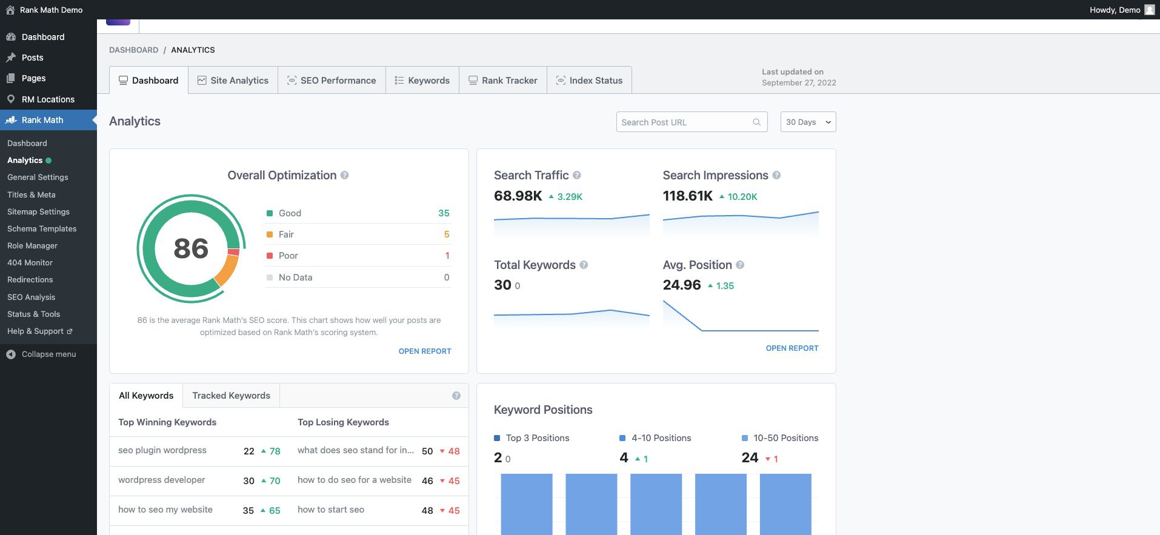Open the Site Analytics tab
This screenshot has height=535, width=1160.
tap(233, 81)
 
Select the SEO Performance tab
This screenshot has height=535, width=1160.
tap(332, 81)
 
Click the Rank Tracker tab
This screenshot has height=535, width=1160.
tap(503, 81)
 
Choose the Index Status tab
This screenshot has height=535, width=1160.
tap(589, 81)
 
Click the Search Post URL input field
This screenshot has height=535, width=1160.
tap(685, 122)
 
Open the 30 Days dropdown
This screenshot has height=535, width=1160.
tap(808, 122)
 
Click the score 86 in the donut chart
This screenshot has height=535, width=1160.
tap(191, 248)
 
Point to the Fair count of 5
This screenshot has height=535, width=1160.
tap(447, 234)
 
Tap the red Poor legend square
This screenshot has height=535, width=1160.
tap(270, 256)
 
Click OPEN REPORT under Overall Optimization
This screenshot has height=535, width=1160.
tap(424, 351)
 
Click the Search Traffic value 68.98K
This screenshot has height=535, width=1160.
tap(518, 196)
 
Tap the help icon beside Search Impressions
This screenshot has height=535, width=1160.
tap(776, 176)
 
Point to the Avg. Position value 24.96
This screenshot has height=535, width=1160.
tap(682, 285)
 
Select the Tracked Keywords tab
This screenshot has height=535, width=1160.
tap(231, 396)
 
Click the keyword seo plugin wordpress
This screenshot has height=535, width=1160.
tap(162, 450)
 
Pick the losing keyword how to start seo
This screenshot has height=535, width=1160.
tap(331, 510)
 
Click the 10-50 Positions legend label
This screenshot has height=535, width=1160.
tap(785, 438)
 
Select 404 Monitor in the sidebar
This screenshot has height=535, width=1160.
tap(30, 262)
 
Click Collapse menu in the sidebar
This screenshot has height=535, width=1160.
tap(48, 354)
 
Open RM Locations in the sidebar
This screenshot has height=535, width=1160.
tap(48, 99)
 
